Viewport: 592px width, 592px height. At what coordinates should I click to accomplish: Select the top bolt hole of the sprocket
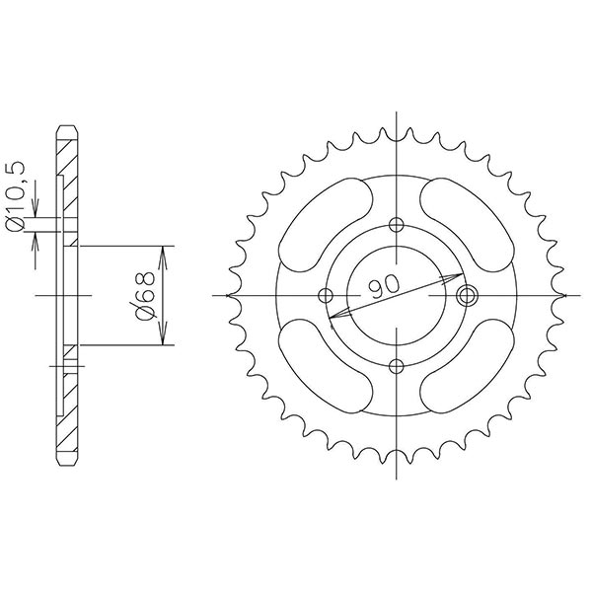pos(397,222)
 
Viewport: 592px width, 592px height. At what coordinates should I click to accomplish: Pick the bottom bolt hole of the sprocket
pos(397,367)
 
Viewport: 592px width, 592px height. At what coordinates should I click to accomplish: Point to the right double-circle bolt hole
pos(469,294)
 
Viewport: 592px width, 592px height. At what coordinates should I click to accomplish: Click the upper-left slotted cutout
pos(321,224)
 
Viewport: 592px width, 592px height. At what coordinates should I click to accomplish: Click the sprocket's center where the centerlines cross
pos(397,294)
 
